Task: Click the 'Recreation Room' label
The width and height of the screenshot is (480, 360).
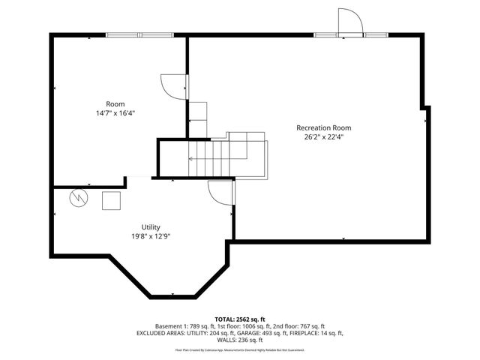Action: point(323,127)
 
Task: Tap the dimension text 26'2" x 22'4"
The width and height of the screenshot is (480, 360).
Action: point(323,137)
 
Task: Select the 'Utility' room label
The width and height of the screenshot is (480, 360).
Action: point(151,226)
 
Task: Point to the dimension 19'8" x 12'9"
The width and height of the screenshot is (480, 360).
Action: point(151,236)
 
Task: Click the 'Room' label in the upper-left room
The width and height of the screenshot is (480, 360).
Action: point(115,103)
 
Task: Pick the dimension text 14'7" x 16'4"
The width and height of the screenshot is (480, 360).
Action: point(115,113)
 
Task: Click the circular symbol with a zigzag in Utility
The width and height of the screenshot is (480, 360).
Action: point(78,198)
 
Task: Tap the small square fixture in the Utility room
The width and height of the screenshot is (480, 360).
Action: point(111,201)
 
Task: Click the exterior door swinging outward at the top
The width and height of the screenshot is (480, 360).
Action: point(349,22)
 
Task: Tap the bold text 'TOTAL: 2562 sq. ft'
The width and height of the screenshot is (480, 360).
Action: point(239,319)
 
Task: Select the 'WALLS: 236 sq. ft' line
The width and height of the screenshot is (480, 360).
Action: point(239,340)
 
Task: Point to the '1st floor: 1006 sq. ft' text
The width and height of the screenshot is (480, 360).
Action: point(237,326)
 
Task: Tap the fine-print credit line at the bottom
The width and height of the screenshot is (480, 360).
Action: point(239,349)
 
